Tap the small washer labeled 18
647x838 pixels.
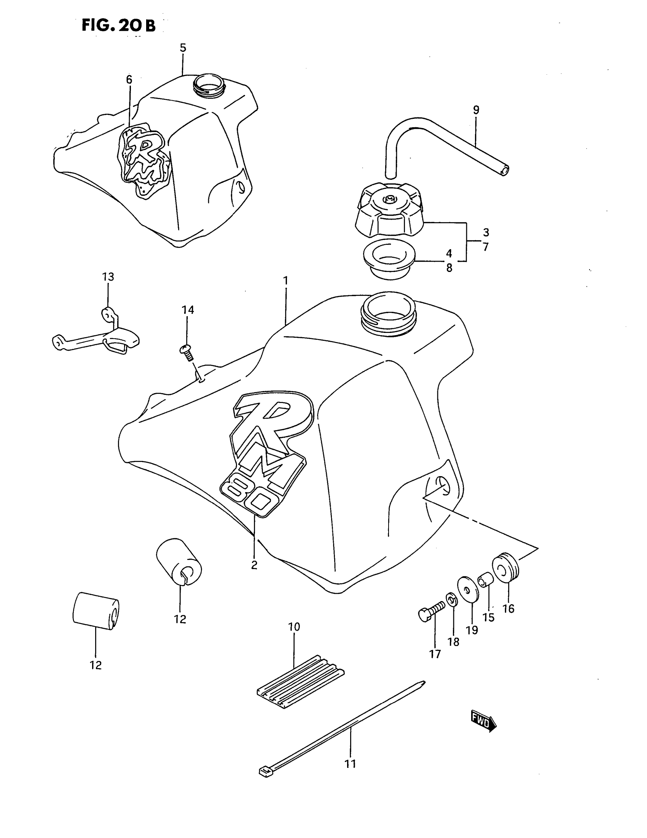[451, 598]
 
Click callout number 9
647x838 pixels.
[476, 110]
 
